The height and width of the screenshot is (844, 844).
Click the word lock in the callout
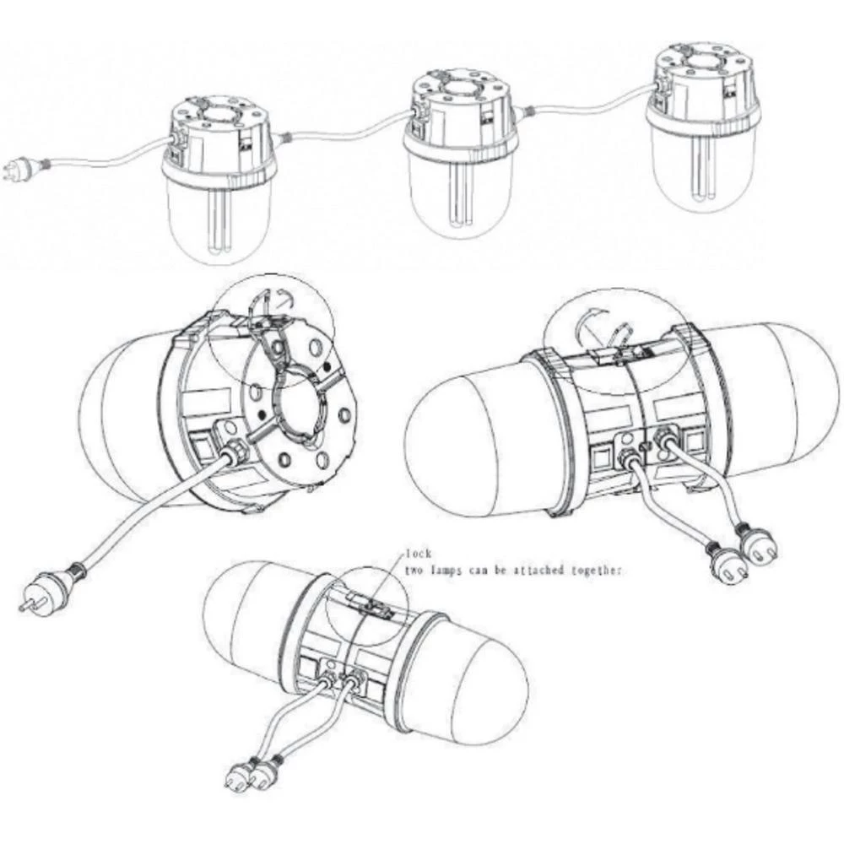[x=418, y=554]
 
